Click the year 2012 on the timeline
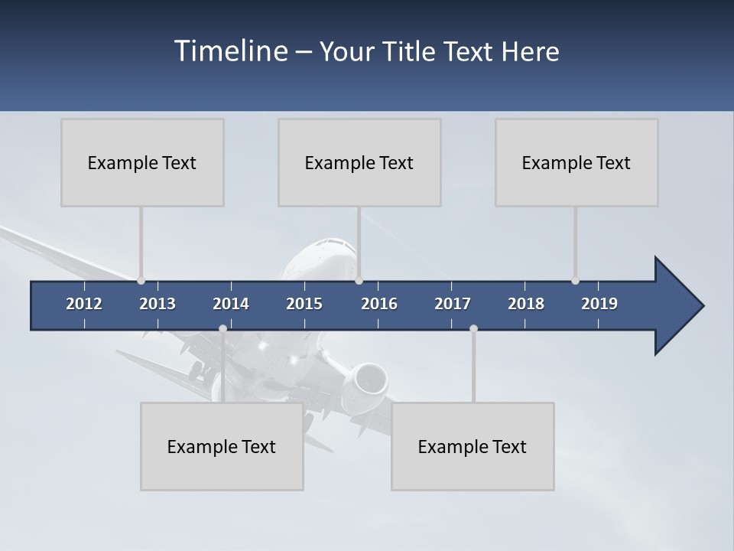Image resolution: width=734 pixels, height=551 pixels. point(84,304)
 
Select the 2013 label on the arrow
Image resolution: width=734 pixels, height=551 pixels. point(158,304)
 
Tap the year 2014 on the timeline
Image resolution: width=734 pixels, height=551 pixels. point(231,304)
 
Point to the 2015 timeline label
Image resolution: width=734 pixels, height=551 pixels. point(304,304)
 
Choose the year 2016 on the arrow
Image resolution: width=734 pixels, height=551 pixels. point(379,304)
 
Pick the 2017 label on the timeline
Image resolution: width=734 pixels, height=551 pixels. point(453,304)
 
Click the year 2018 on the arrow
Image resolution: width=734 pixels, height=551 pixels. point(526,304)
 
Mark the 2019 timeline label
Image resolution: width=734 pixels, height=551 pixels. point(599,304)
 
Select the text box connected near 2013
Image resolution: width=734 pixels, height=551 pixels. point(142,162)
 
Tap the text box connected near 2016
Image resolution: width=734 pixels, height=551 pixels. point(359,162)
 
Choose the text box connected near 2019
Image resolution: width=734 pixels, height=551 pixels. point(576,162)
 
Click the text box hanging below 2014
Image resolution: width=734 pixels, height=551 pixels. point(222,446)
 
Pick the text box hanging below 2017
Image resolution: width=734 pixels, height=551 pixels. point(473,446)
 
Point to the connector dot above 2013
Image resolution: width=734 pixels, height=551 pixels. point(141,281)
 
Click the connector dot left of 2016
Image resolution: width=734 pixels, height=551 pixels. point(359,281)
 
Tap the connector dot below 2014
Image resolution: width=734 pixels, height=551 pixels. point(222,328)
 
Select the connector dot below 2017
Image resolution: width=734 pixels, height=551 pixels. point(473,328)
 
